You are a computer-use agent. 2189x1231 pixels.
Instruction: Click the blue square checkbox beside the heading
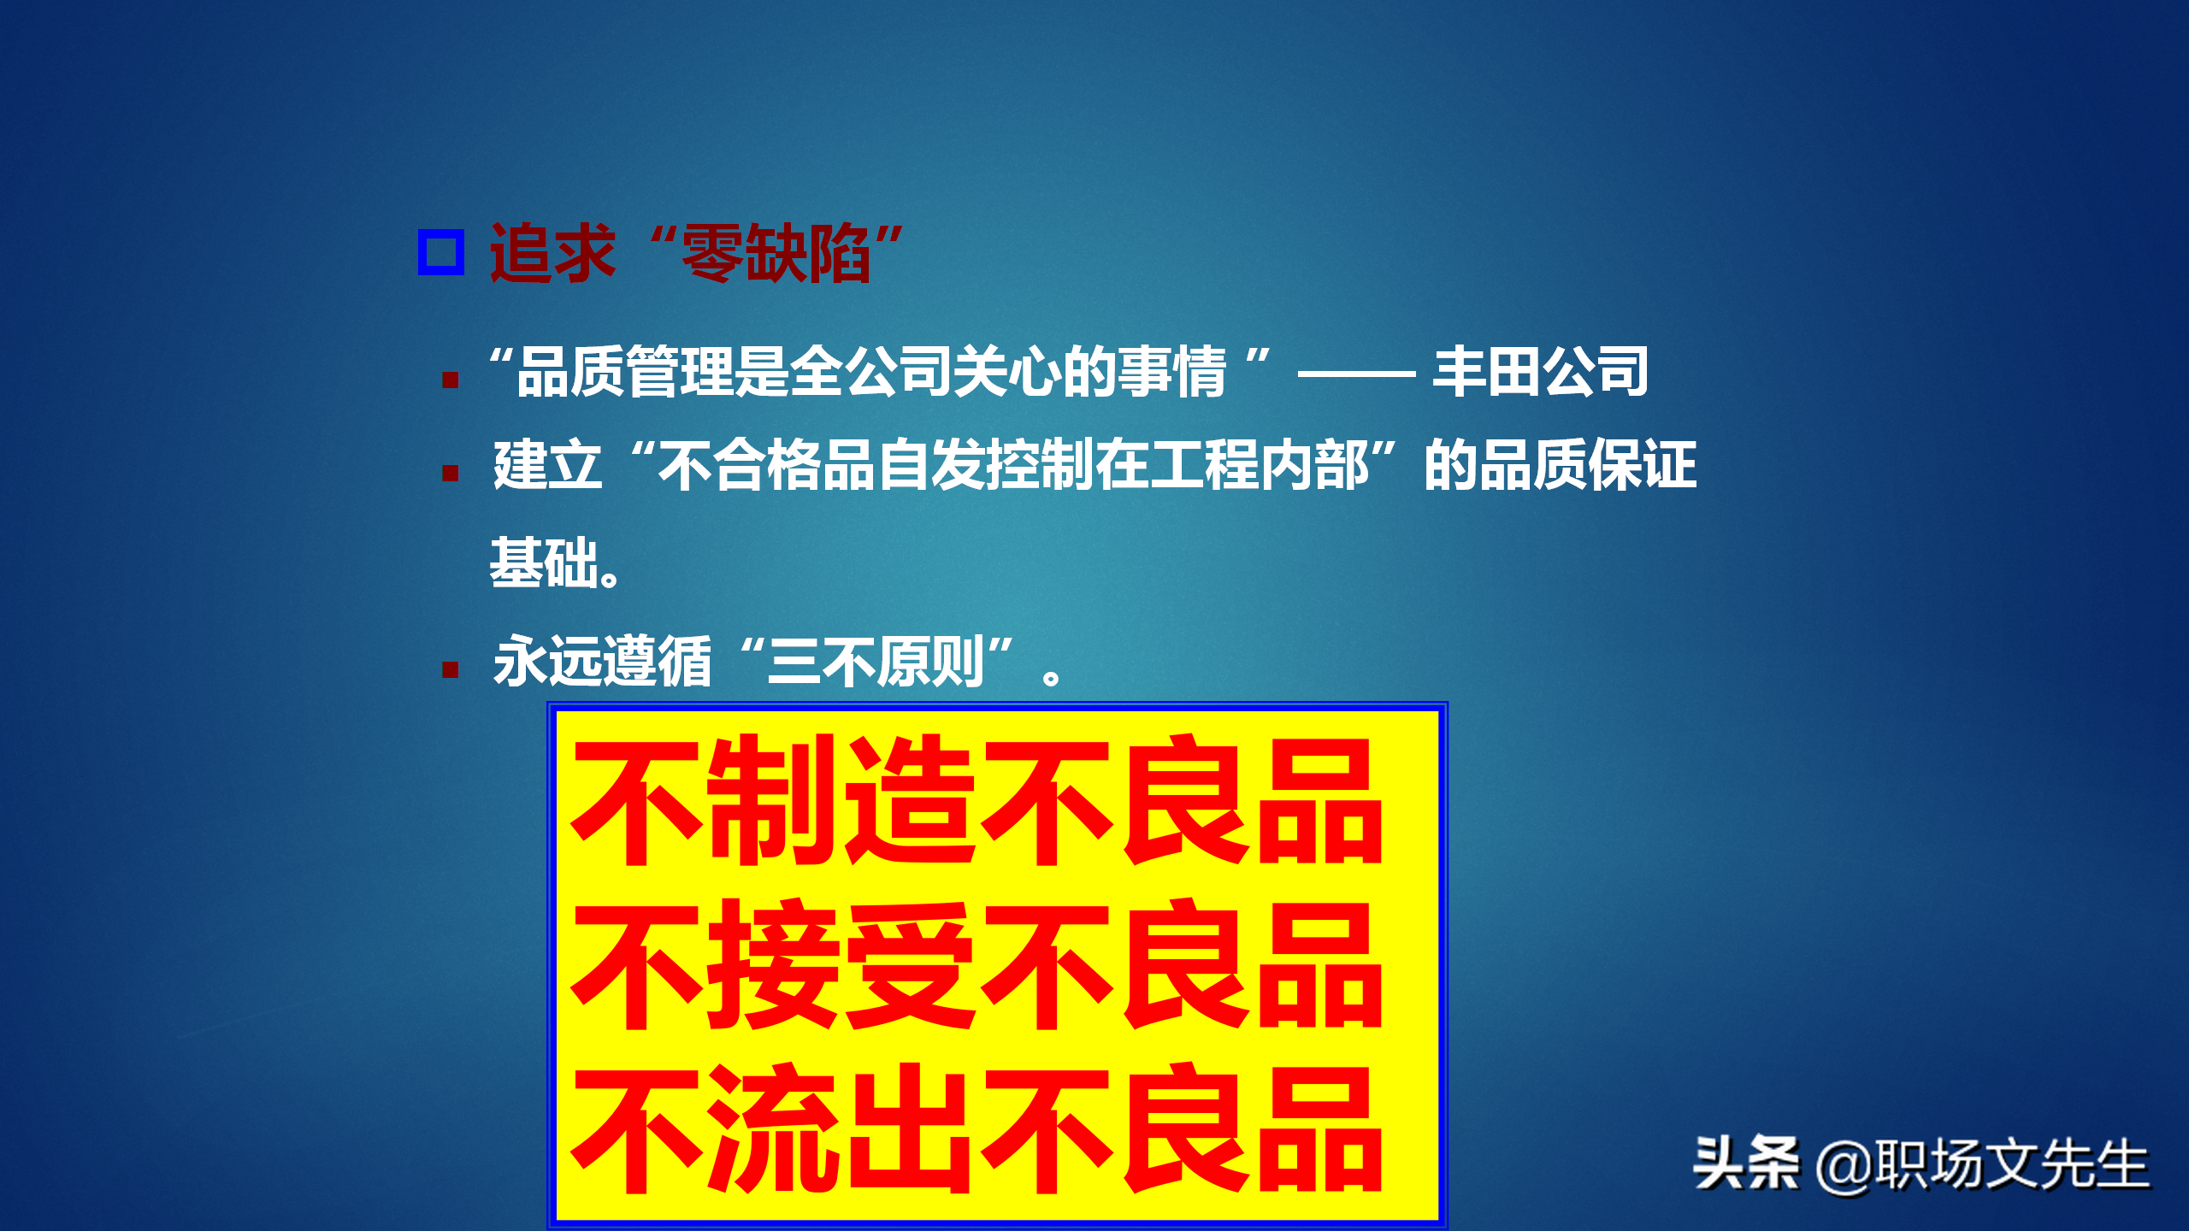coord(441,252)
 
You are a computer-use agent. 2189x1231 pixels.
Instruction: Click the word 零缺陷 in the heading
coord(775,253)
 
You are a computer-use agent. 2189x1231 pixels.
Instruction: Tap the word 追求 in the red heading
coord(552,253)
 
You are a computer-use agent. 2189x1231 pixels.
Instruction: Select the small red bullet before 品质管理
coord(451,380)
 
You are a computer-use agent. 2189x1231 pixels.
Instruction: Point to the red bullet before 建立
coord(451,473)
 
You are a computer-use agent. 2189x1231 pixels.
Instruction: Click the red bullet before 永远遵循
coord(451,669)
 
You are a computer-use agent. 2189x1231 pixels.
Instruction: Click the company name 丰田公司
coord(1540,372)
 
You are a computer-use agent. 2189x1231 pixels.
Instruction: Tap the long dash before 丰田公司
coord(1356,374)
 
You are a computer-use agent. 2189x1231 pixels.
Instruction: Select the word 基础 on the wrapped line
coord(544,562)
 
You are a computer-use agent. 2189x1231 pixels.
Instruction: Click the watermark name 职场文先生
coord(2011,1164)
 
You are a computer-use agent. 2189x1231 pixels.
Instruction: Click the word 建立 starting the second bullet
coord(547,465)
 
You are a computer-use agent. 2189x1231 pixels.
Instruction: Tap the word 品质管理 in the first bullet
coord(624,372)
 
